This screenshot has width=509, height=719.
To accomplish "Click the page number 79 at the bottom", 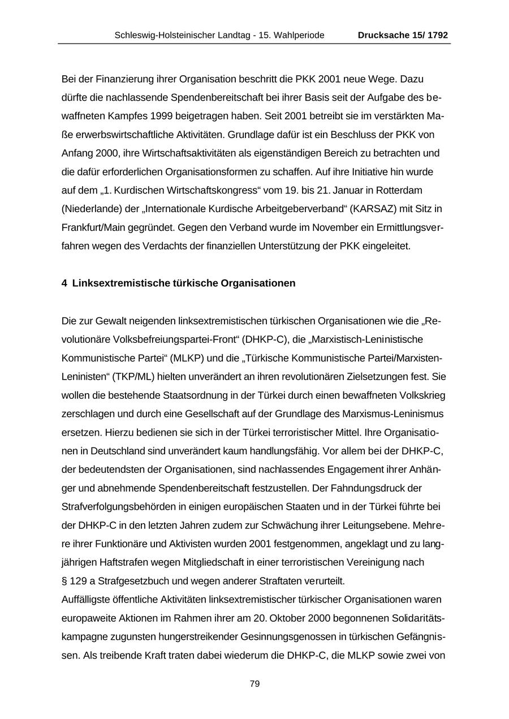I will click(x=255, y=684).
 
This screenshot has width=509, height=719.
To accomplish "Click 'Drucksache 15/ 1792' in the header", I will click(x=403, y=35).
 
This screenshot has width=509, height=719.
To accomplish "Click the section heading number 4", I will click(x=64, y=283).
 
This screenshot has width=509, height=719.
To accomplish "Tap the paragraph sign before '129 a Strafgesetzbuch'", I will click(x=64, y=581).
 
